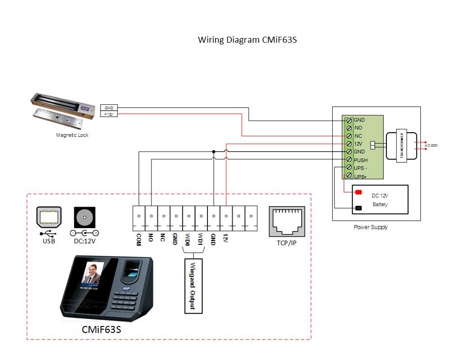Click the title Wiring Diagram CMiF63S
pyautogui.click(x=247, y=39)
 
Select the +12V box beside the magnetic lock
pyautogui.click(x=109, y=114)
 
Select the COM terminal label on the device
pyautogui.click(x=138, y=239)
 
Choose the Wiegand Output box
pyautogui.click(x=193, y=286)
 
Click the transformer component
pyautogui.click(x=402, y=146)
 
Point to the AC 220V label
pyautogui.click(x=432, y=146)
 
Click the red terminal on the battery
pyautogui.click(x=358, y=191)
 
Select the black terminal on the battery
pyautogui.click(x=358, y=208)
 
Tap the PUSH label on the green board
pyautogui.click(x=361, y=160)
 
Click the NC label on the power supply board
pyautogui.click(x=358, y=136)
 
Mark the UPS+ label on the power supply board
pyautogui.click(x=361, y=176)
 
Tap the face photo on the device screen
pyautogui.click(x=94, y=274)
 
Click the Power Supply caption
pyautogui.click(x=370, y=227)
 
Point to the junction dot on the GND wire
pyautogui.click(x=213, y=152)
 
